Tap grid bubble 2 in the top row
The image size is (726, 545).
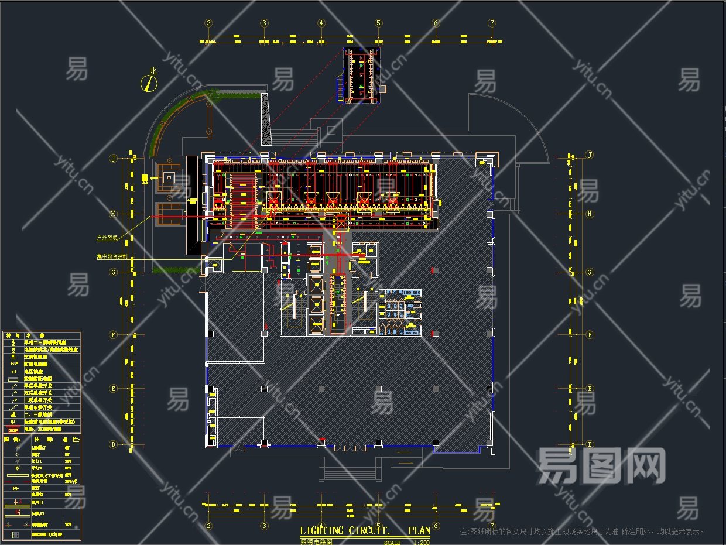click(x=208, y=23)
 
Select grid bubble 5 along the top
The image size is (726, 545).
click(x=378, y=23)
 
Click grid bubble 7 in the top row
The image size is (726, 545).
click(x=492, y=23)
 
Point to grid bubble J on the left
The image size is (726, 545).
click(x=114, y=158)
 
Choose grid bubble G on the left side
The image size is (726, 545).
click(x=114, y=272)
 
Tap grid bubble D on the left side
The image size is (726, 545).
click(x=114, y=444)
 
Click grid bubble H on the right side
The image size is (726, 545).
click(x=590, y=214)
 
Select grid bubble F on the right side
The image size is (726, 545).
click(x=590, y=335)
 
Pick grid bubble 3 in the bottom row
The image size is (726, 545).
click(x=265, y=525)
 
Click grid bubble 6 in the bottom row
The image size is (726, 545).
click(x=436, y=525)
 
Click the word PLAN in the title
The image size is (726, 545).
click(x=419, y=531)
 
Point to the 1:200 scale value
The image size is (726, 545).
click(x=421, y=543)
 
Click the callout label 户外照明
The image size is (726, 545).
click(x=107, y=238)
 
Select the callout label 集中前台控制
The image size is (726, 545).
click(x=111, y=256)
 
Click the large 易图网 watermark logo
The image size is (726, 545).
click(x=601, y=466)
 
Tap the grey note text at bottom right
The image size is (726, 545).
click(x=583, y=532)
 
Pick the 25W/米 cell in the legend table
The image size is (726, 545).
click(x=70, y=481)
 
